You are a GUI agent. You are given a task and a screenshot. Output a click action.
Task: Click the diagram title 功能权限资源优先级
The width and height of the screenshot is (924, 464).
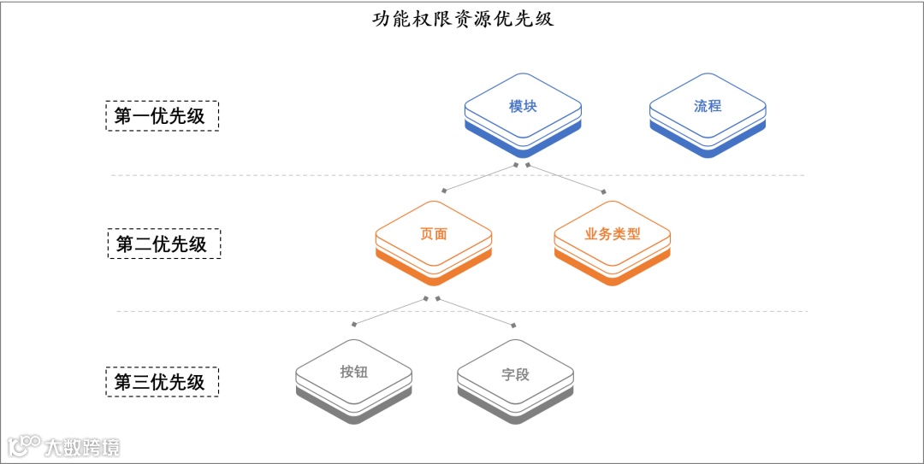coord(463,18)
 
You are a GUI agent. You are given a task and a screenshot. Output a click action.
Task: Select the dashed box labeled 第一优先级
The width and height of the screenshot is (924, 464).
coord(162,115)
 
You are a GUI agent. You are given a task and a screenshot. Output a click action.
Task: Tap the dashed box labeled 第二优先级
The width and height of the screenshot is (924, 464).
coord(163,244)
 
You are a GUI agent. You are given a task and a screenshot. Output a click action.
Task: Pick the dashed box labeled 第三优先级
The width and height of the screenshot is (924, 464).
coord(161,382)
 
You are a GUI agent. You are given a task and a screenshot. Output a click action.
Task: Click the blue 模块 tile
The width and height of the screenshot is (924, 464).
coord(523,107)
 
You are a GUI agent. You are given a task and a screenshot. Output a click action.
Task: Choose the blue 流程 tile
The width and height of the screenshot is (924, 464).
coord(708,107)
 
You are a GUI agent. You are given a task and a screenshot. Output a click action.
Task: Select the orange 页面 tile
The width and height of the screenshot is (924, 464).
coord(434,233)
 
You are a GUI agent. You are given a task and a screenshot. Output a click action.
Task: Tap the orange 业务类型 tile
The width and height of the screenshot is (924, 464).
coord(613,233)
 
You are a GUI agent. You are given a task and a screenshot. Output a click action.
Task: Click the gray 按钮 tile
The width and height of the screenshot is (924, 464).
coord(353,372)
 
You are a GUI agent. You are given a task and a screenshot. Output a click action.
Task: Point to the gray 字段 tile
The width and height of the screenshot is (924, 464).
coord(515,374)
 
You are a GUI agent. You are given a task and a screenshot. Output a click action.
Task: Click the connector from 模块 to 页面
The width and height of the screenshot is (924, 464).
coord(479,177)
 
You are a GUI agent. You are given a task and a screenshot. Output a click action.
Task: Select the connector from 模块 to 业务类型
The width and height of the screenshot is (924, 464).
coord(566,177)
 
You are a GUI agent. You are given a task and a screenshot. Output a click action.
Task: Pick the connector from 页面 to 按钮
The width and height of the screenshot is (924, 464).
coord(390,311)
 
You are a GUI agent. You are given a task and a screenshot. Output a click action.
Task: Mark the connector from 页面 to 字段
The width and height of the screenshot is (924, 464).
coord(476,312)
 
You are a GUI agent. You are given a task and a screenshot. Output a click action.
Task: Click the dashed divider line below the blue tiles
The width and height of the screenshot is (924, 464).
coord(257,175)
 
